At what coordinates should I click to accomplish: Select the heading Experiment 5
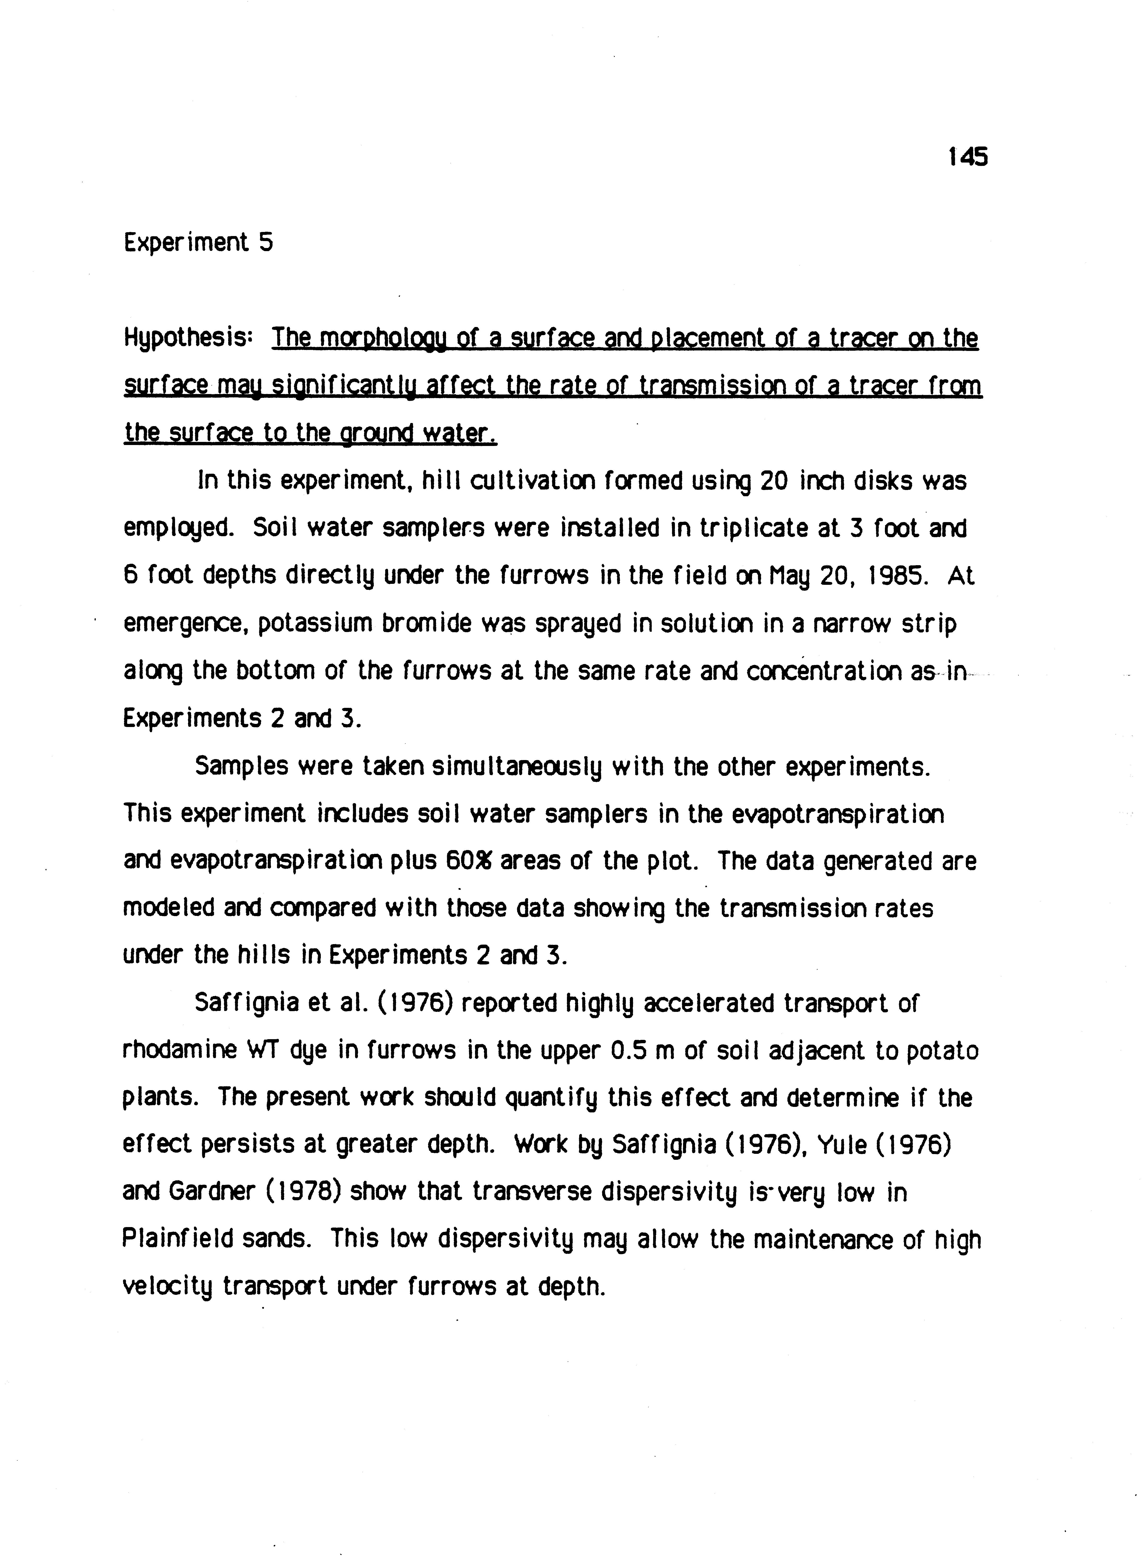point(198,242)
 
